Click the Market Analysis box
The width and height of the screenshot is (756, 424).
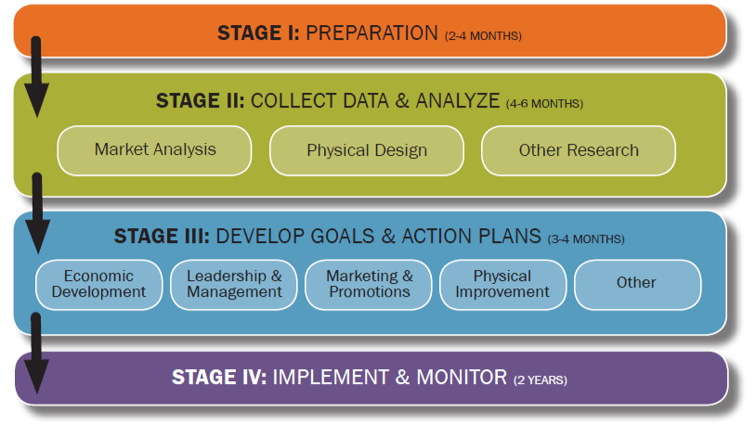pos(154,150)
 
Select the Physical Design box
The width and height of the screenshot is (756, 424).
pos(367,150)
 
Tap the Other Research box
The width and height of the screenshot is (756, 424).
pos(578,150)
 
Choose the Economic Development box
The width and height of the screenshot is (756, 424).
pos(98,284)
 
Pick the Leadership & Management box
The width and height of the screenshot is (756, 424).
pos(234,284)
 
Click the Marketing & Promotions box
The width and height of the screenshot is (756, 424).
pos(369,284)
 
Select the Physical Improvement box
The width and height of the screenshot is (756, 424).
pos(502,284)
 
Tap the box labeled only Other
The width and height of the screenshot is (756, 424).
pos(637,284)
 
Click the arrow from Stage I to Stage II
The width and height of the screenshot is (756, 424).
pos(36,77)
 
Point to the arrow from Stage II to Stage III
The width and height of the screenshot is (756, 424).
pos(37,213)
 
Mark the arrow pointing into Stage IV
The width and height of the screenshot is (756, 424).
pos(36,353)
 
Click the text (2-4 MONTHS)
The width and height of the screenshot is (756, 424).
pos(483,36)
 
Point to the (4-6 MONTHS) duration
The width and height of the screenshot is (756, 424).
pos(544,104)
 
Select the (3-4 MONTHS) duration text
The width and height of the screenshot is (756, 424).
pos(586,239)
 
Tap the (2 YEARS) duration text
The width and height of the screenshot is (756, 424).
pos(540,380)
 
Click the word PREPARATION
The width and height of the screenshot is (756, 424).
pos(371,33)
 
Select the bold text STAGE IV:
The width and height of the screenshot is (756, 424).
pos(219,378)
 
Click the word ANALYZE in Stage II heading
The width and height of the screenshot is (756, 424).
pos(458,101)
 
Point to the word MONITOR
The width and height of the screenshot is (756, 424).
pos(462,378)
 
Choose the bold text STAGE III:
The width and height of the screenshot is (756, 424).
pos(162,236)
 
